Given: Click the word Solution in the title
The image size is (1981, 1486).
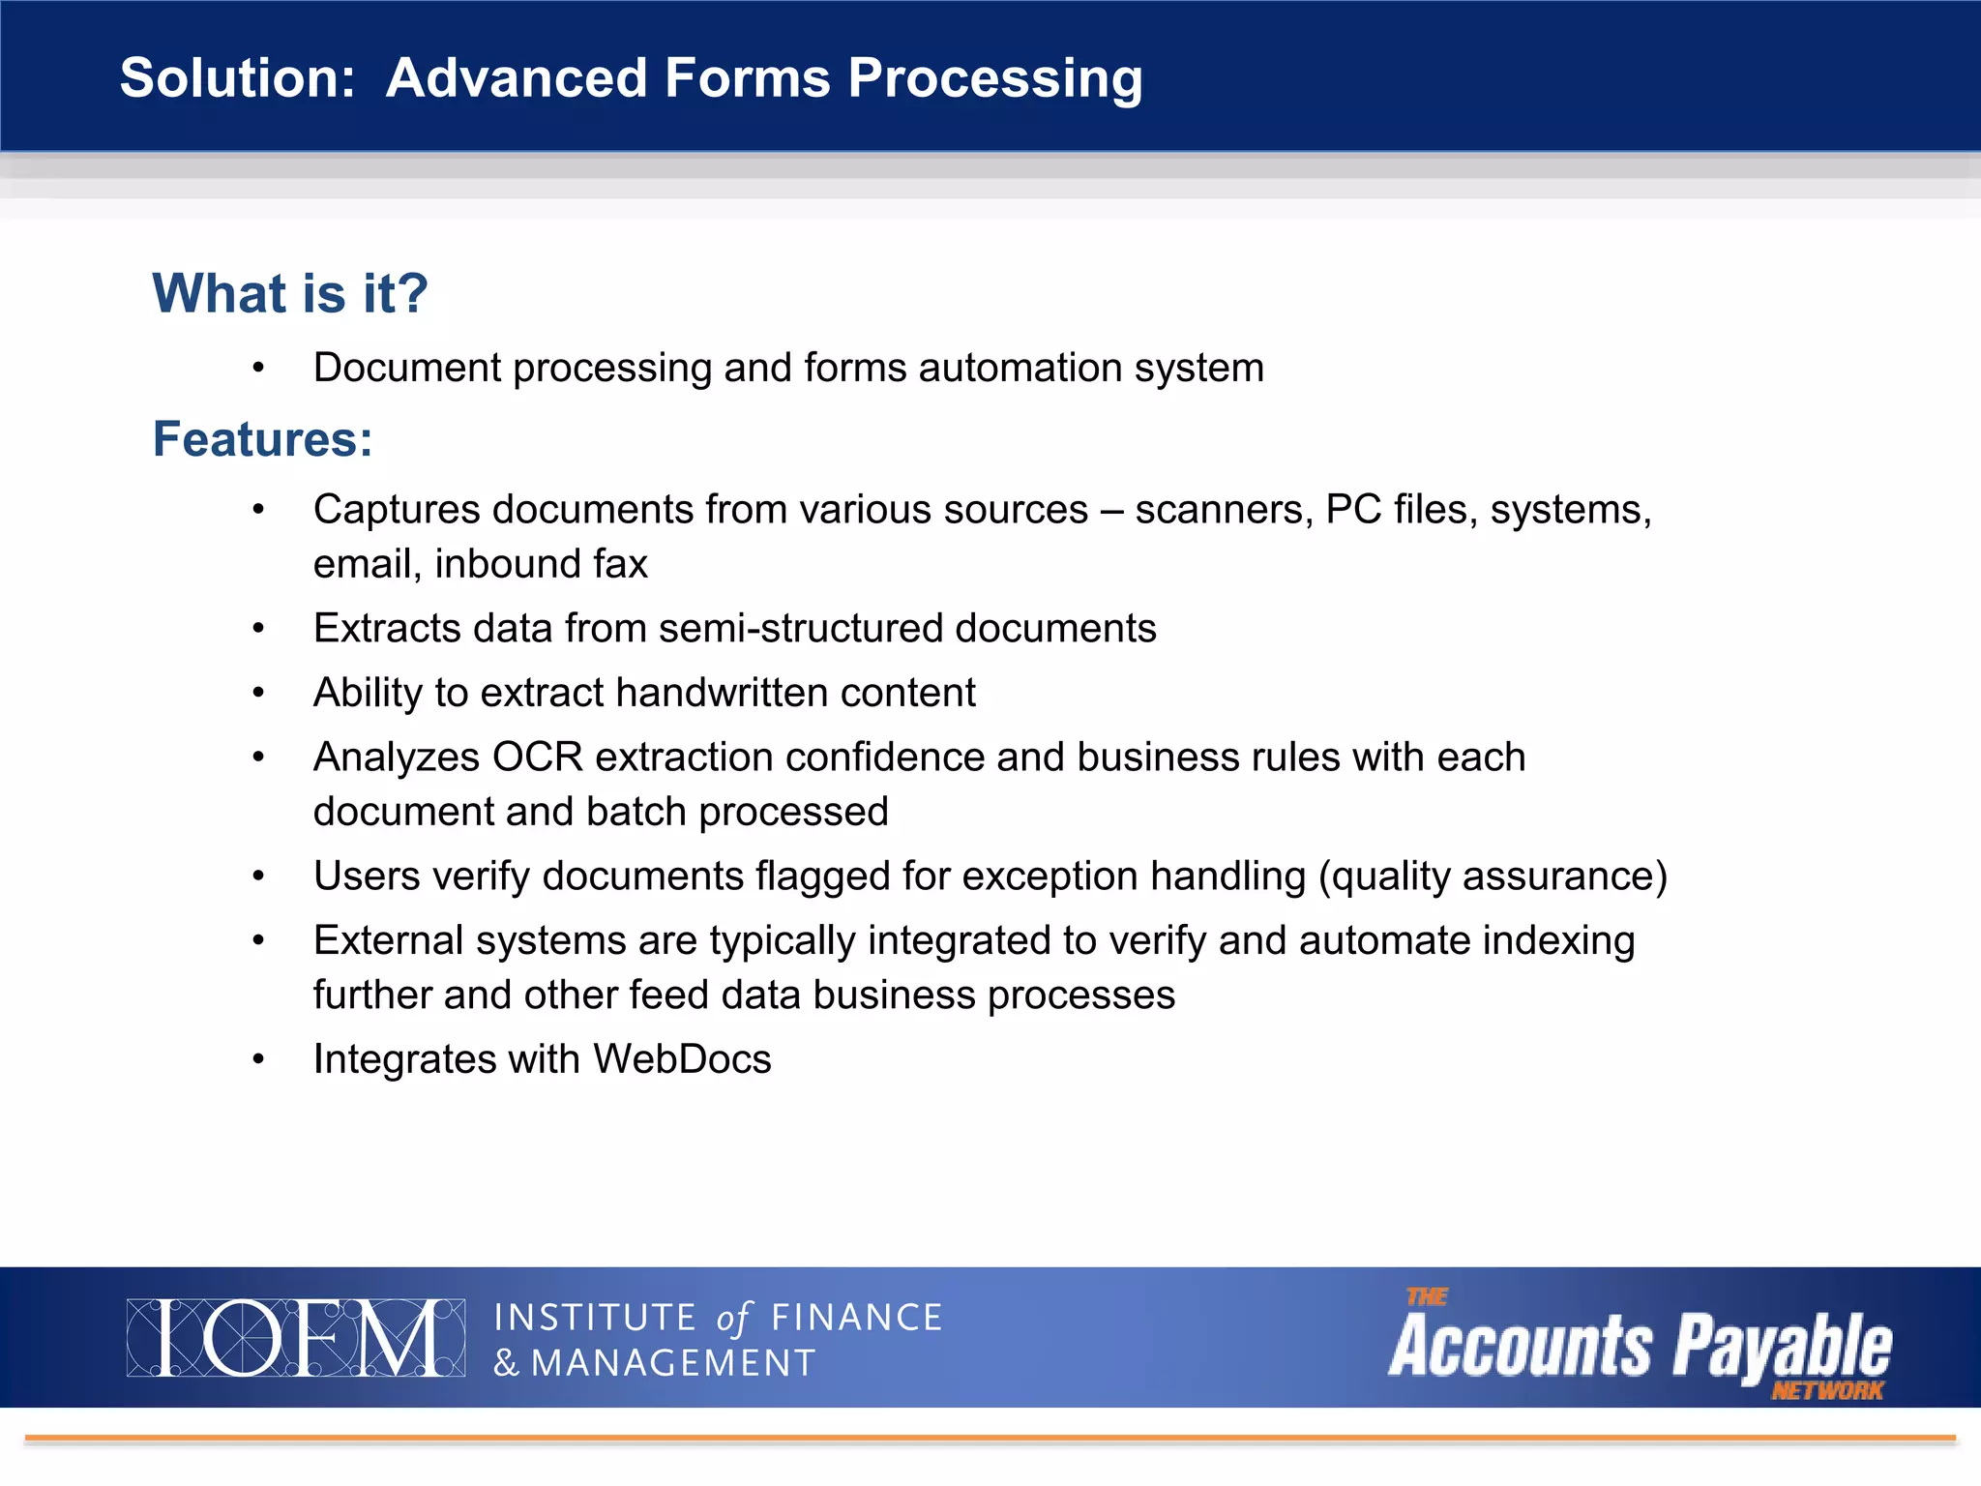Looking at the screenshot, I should tap(237, 77).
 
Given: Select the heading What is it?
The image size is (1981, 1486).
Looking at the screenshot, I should tap(289, 293).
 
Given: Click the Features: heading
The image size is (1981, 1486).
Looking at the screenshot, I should tap(262, 439).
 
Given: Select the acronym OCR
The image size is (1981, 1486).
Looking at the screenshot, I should tap(537, 758).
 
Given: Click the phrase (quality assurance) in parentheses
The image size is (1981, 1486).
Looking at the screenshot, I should tap(1493, 877).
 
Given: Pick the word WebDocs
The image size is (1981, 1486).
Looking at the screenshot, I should tap(682, 1059).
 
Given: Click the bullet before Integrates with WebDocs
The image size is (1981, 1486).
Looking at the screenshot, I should tap(258, 1059).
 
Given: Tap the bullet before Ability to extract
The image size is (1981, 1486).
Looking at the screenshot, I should tap(258, 693).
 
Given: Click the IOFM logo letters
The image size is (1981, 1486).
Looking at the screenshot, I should tap(295, 1338).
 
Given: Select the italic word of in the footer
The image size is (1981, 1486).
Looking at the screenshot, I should tap(733, 1319).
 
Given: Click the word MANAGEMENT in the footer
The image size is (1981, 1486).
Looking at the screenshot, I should tap(673, 1363).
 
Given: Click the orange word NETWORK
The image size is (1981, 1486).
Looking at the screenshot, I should tap(1826, 1391).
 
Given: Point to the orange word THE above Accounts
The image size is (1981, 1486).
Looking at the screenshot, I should tap(1426, 1297).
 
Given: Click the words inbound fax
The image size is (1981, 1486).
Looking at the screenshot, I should tap(541, 564).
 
